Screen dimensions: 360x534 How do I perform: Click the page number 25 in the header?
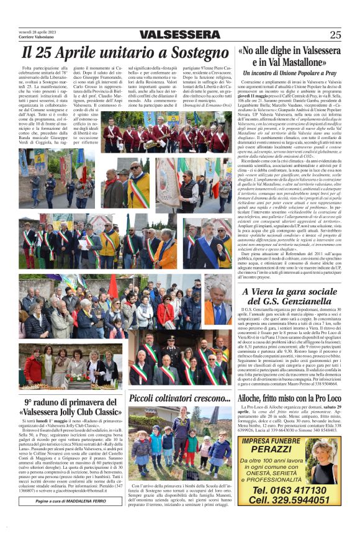pos(335,35)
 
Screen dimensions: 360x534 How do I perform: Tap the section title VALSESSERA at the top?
pos(179,35)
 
